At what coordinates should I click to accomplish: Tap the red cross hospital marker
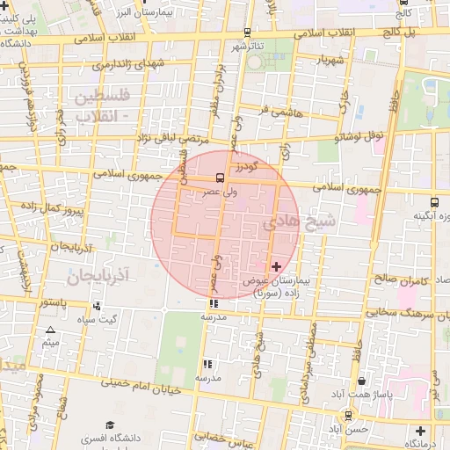pos(277,265)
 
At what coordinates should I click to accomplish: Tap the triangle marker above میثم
pos(49,330)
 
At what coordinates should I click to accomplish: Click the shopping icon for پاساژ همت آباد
pos(364,381)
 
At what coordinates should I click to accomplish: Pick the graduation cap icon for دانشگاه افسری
pos(110,425)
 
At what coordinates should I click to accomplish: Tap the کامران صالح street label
pos(397,279)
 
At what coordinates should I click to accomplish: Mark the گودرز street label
pos(245,165)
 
